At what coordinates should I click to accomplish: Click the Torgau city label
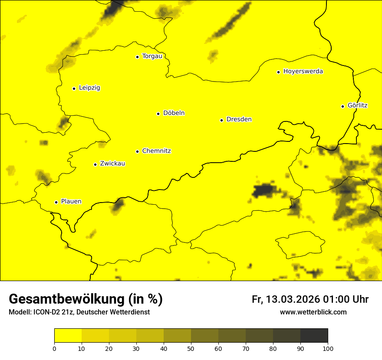pyautogui.click(x=152, y=56)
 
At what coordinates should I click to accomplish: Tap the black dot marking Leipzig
pyautogui.click(x=74, y=88)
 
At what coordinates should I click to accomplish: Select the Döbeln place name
pyautogui.click(x=174, y=113)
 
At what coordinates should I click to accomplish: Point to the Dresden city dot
pyautogui.click(x=221, y=120)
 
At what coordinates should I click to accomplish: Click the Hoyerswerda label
pyautogui.click(x=303, y=72)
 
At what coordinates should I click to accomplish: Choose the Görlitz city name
pyautogui.click(x=358, y=105)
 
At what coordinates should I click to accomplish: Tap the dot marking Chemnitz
pyautogui.click(x=137, y=151)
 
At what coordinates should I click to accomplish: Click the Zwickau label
pyautogui.click(x=112, y=164)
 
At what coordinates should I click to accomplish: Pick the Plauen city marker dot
pyautogui.click(x=56, y=202)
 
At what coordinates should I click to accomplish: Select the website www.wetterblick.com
pyautogui.click(x=313, y=312)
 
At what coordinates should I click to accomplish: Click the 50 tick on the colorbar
pyautogui.click(x=191, y=348)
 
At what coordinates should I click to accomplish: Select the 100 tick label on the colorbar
pyautogui.click(x=328, y=348)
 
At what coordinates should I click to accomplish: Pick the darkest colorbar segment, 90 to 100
pyautogui.click(x=314, y=335)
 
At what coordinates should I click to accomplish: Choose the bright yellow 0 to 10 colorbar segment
pyautogui.click(x=68, y=335)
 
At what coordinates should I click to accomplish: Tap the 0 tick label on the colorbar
pyautogui.click(x=54, y=348)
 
